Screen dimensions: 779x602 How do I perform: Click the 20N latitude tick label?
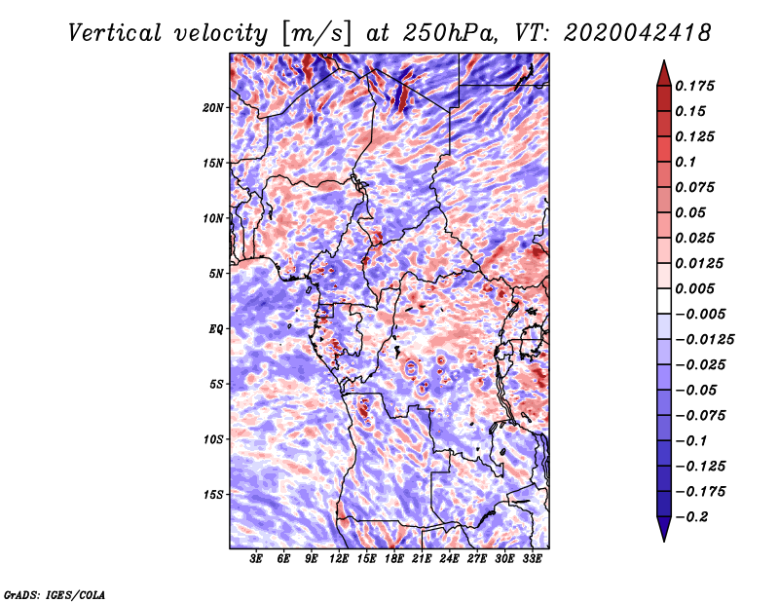(213, 108)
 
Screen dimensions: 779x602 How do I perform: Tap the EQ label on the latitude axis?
(215, 329)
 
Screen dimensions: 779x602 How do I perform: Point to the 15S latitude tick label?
(213, 495)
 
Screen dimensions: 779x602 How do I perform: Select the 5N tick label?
(216, 274)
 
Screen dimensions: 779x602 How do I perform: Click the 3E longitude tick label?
(256, 559)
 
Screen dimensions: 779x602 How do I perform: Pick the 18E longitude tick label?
(394, 559)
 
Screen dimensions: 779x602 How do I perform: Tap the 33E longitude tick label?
(532, 559)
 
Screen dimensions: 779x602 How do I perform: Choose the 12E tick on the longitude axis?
(339, 559)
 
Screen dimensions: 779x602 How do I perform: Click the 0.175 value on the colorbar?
(694, 86)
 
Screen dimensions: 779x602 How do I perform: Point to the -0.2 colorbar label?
(691, 517)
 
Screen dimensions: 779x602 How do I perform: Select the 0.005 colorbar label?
(694, 288)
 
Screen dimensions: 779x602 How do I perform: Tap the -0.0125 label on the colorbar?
(704, 340)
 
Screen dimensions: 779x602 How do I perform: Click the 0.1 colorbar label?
(686, 162)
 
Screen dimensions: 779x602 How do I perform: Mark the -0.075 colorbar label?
(700, 416)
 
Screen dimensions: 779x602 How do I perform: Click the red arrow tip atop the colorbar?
(664, 61)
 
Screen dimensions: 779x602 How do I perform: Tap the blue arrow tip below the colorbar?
(664, 540)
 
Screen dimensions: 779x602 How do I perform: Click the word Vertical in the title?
(115, 33)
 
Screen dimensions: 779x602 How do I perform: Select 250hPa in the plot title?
(450, 33)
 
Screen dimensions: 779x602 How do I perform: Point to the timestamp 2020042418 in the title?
(638, 33)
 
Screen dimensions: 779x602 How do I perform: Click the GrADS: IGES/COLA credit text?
(55, 594)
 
